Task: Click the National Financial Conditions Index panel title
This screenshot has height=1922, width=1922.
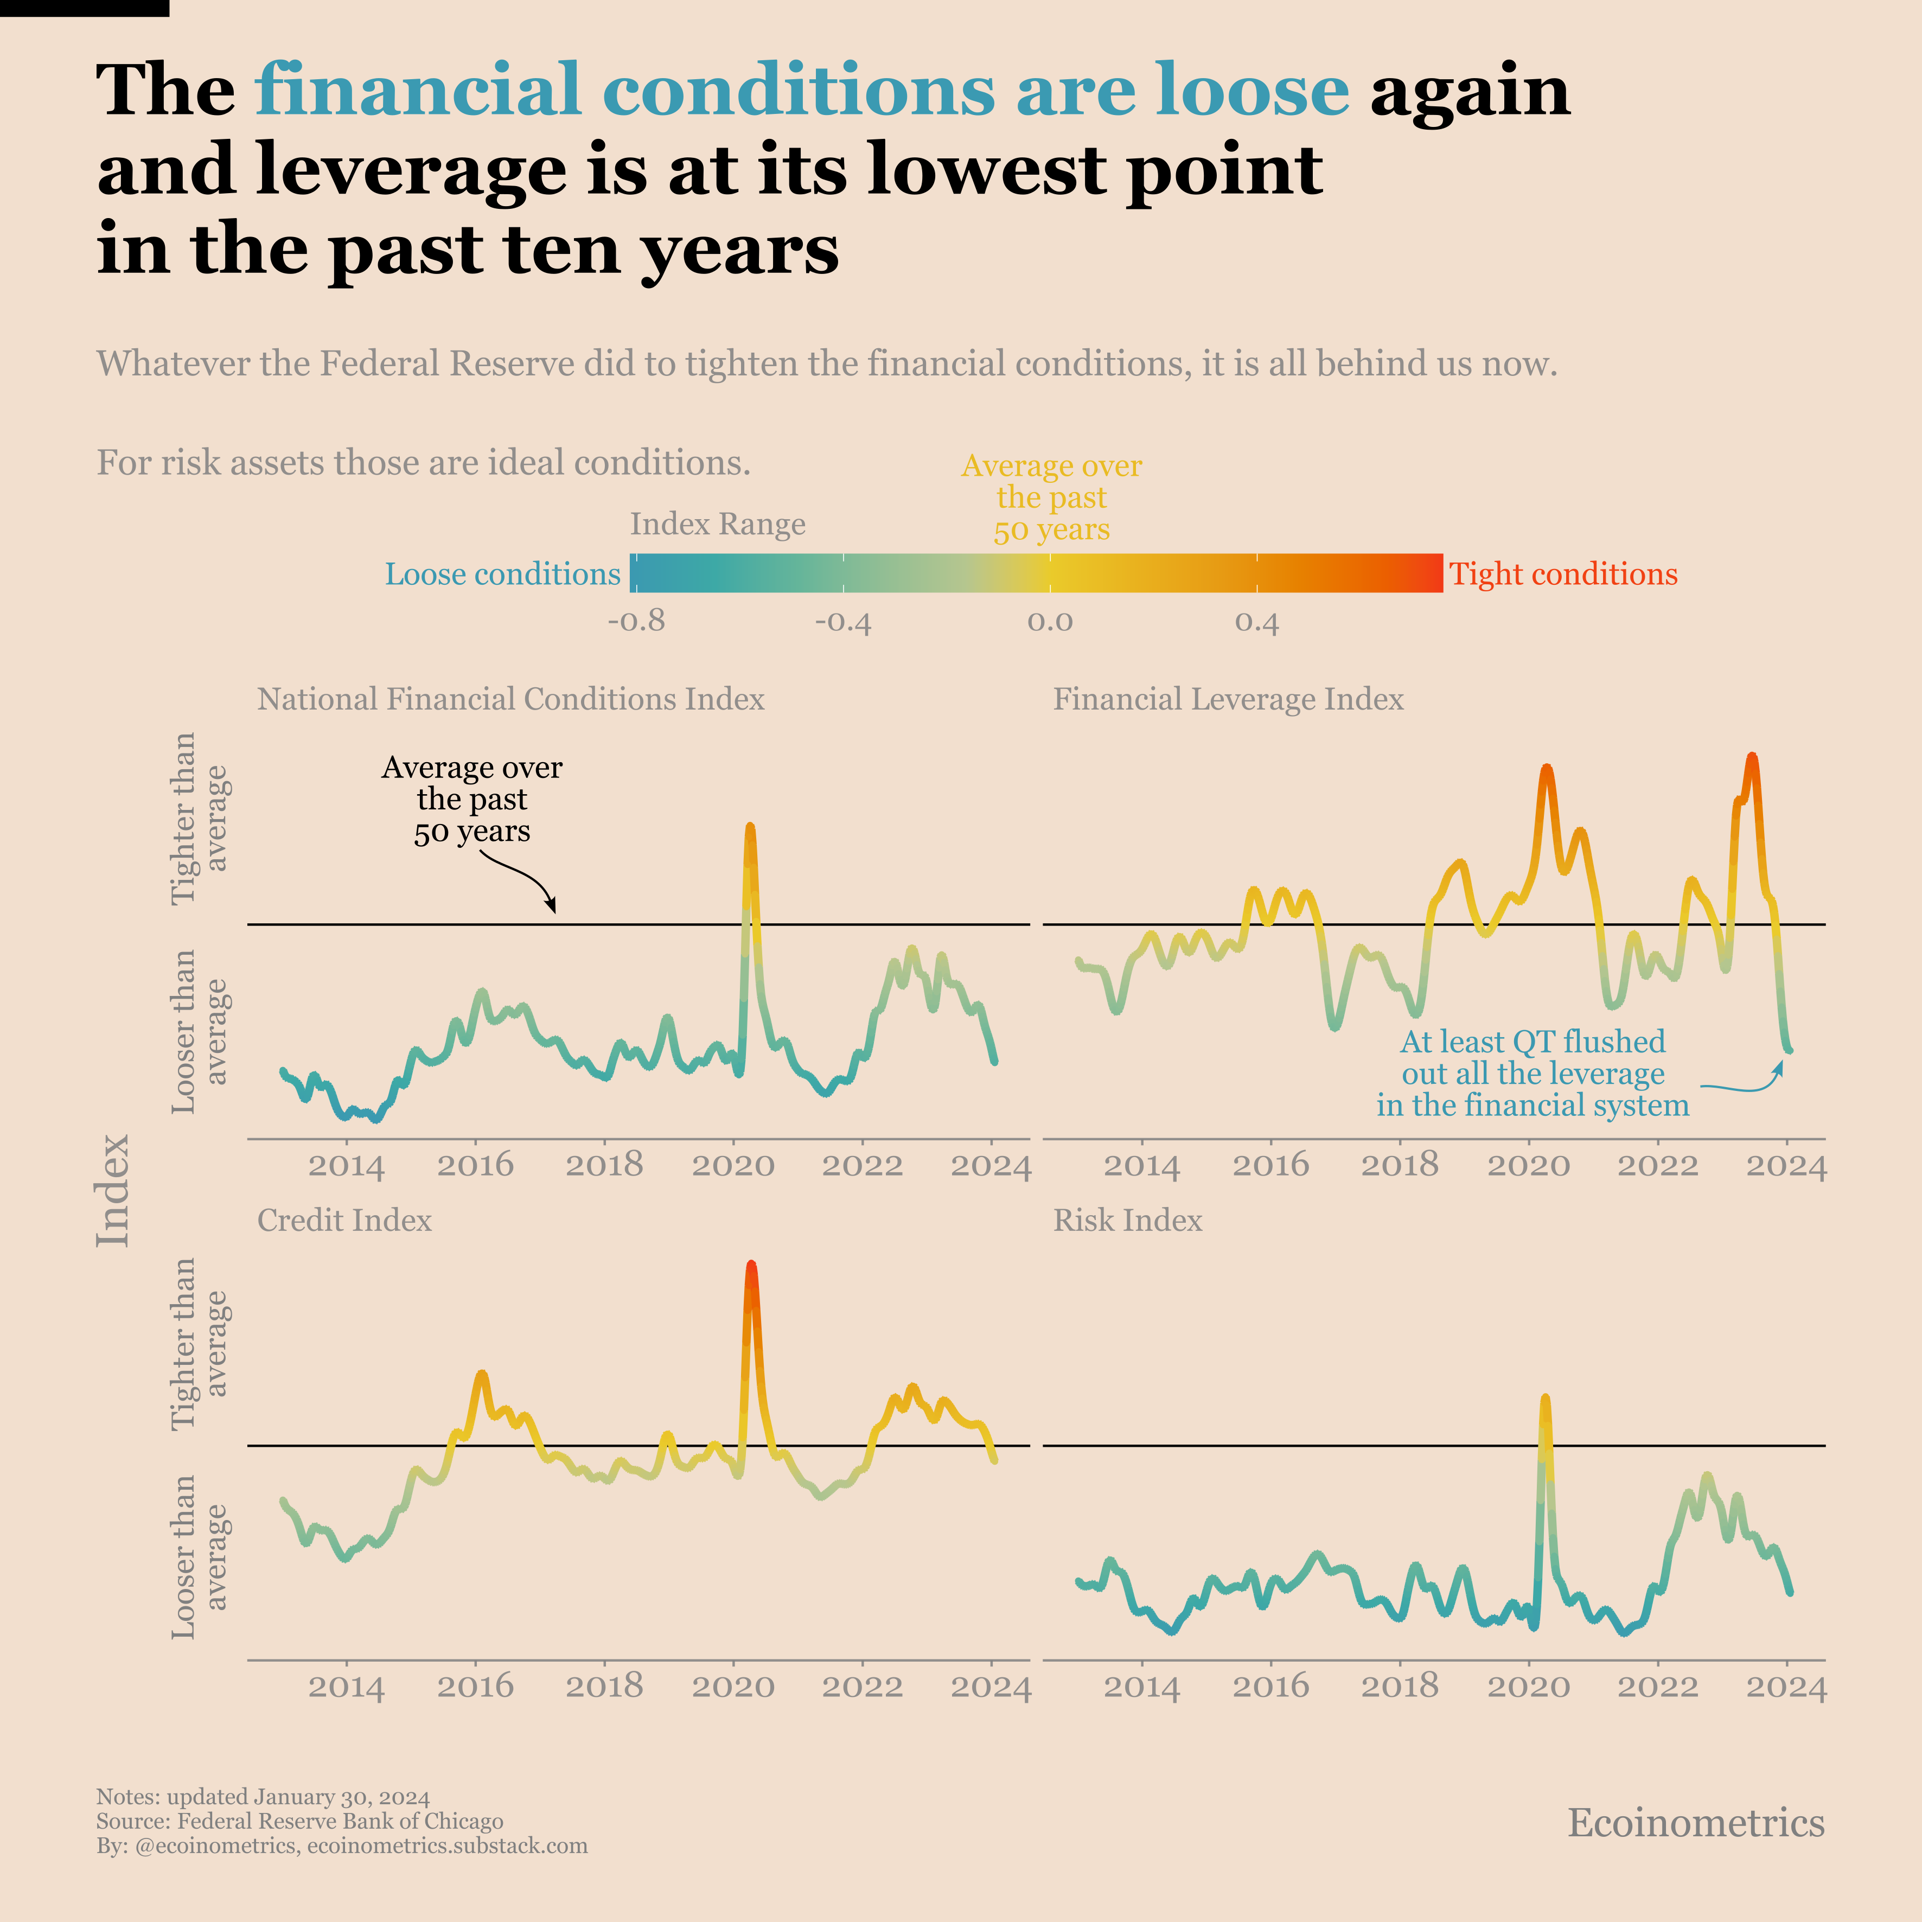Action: point(510,699)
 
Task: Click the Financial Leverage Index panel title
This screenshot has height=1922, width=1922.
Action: point(1228,699)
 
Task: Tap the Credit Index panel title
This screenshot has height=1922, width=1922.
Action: point(344,1221)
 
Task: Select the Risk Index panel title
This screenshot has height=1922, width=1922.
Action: point(1127,1221)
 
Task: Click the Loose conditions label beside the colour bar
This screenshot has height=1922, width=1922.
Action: point(502,574)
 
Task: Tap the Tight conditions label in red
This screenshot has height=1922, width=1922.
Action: point(1563,574)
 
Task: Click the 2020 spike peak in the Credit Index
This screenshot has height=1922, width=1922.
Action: point(751,1266)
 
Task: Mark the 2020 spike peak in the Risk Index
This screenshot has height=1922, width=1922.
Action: point(1545,1399)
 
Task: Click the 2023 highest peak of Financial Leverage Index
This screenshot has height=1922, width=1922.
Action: point(1752,757)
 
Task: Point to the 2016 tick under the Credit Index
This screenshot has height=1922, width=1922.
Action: point(476,1686)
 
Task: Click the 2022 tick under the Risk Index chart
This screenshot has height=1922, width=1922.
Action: point(1657,1686)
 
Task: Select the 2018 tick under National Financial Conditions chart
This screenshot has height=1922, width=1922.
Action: point(604,1165)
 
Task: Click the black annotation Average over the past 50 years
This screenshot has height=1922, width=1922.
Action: point(471,800)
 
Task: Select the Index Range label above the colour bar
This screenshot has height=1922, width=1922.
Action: point(717,524)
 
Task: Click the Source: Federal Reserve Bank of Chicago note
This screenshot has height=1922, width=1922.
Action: point(299,1822)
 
